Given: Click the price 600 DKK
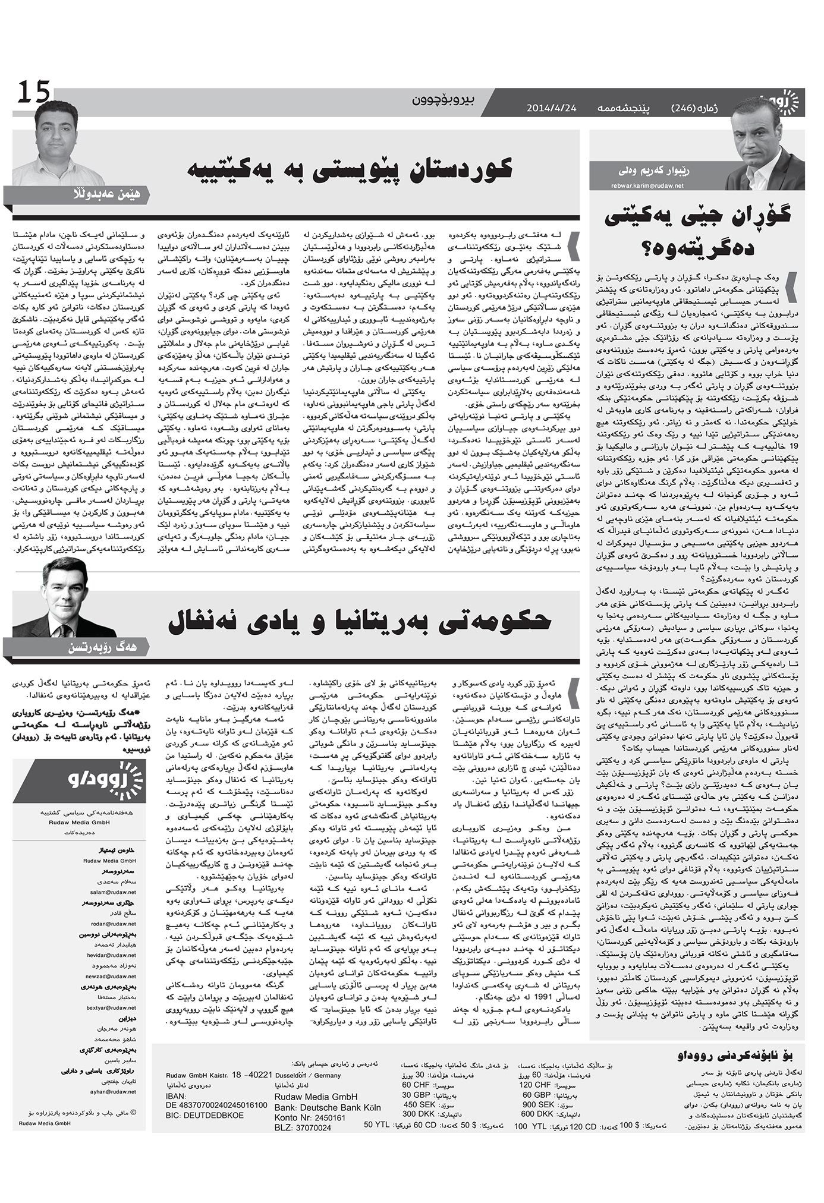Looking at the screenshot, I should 535,1114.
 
